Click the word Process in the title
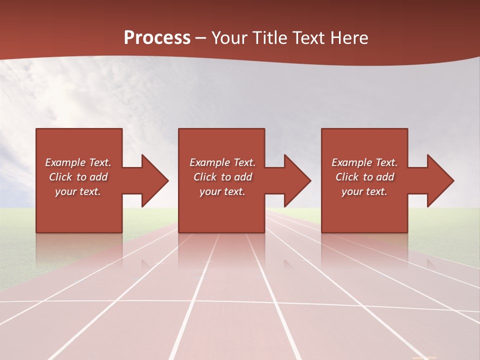157,38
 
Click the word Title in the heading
270,38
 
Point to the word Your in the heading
230,38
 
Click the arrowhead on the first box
152,180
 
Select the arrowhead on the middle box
295,180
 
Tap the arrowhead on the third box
438,180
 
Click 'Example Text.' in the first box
78,162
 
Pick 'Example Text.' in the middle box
222,162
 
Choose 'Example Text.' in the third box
364,162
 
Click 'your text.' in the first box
78,191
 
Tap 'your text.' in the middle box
222,191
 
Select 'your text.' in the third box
364,191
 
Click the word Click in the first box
60,177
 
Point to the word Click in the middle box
205,177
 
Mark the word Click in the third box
347,177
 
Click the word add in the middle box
242,177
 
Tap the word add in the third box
384,177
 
